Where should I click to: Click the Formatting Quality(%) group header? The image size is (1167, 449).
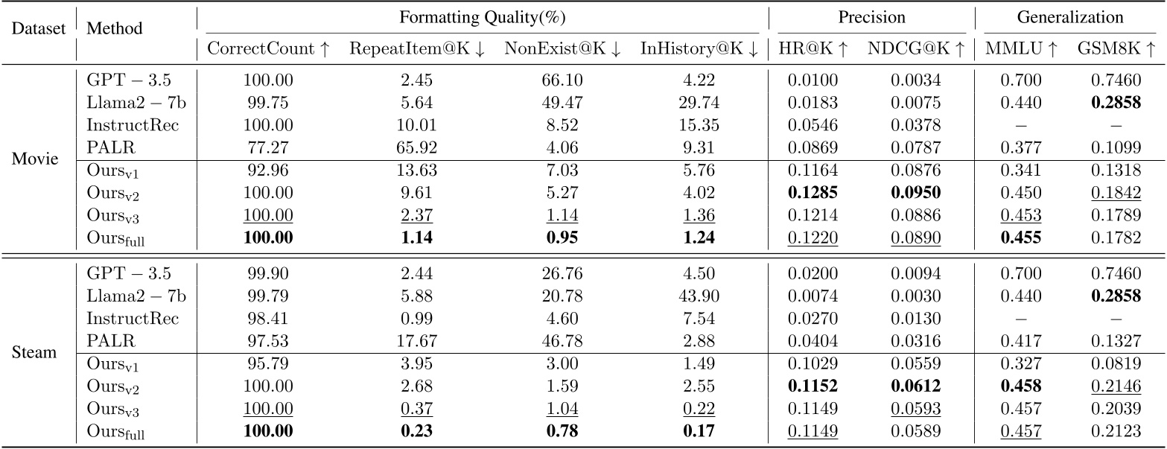[483, 17]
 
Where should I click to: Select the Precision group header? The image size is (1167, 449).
[871, 17]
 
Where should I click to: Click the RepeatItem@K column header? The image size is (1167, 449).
[417, 49]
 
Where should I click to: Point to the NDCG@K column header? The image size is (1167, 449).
[916, 49]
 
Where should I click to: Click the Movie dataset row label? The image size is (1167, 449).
[34, 159]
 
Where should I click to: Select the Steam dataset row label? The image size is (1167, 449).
[34, 351]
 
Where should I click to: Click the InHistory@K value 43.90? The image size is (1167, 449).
[699, 296]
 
